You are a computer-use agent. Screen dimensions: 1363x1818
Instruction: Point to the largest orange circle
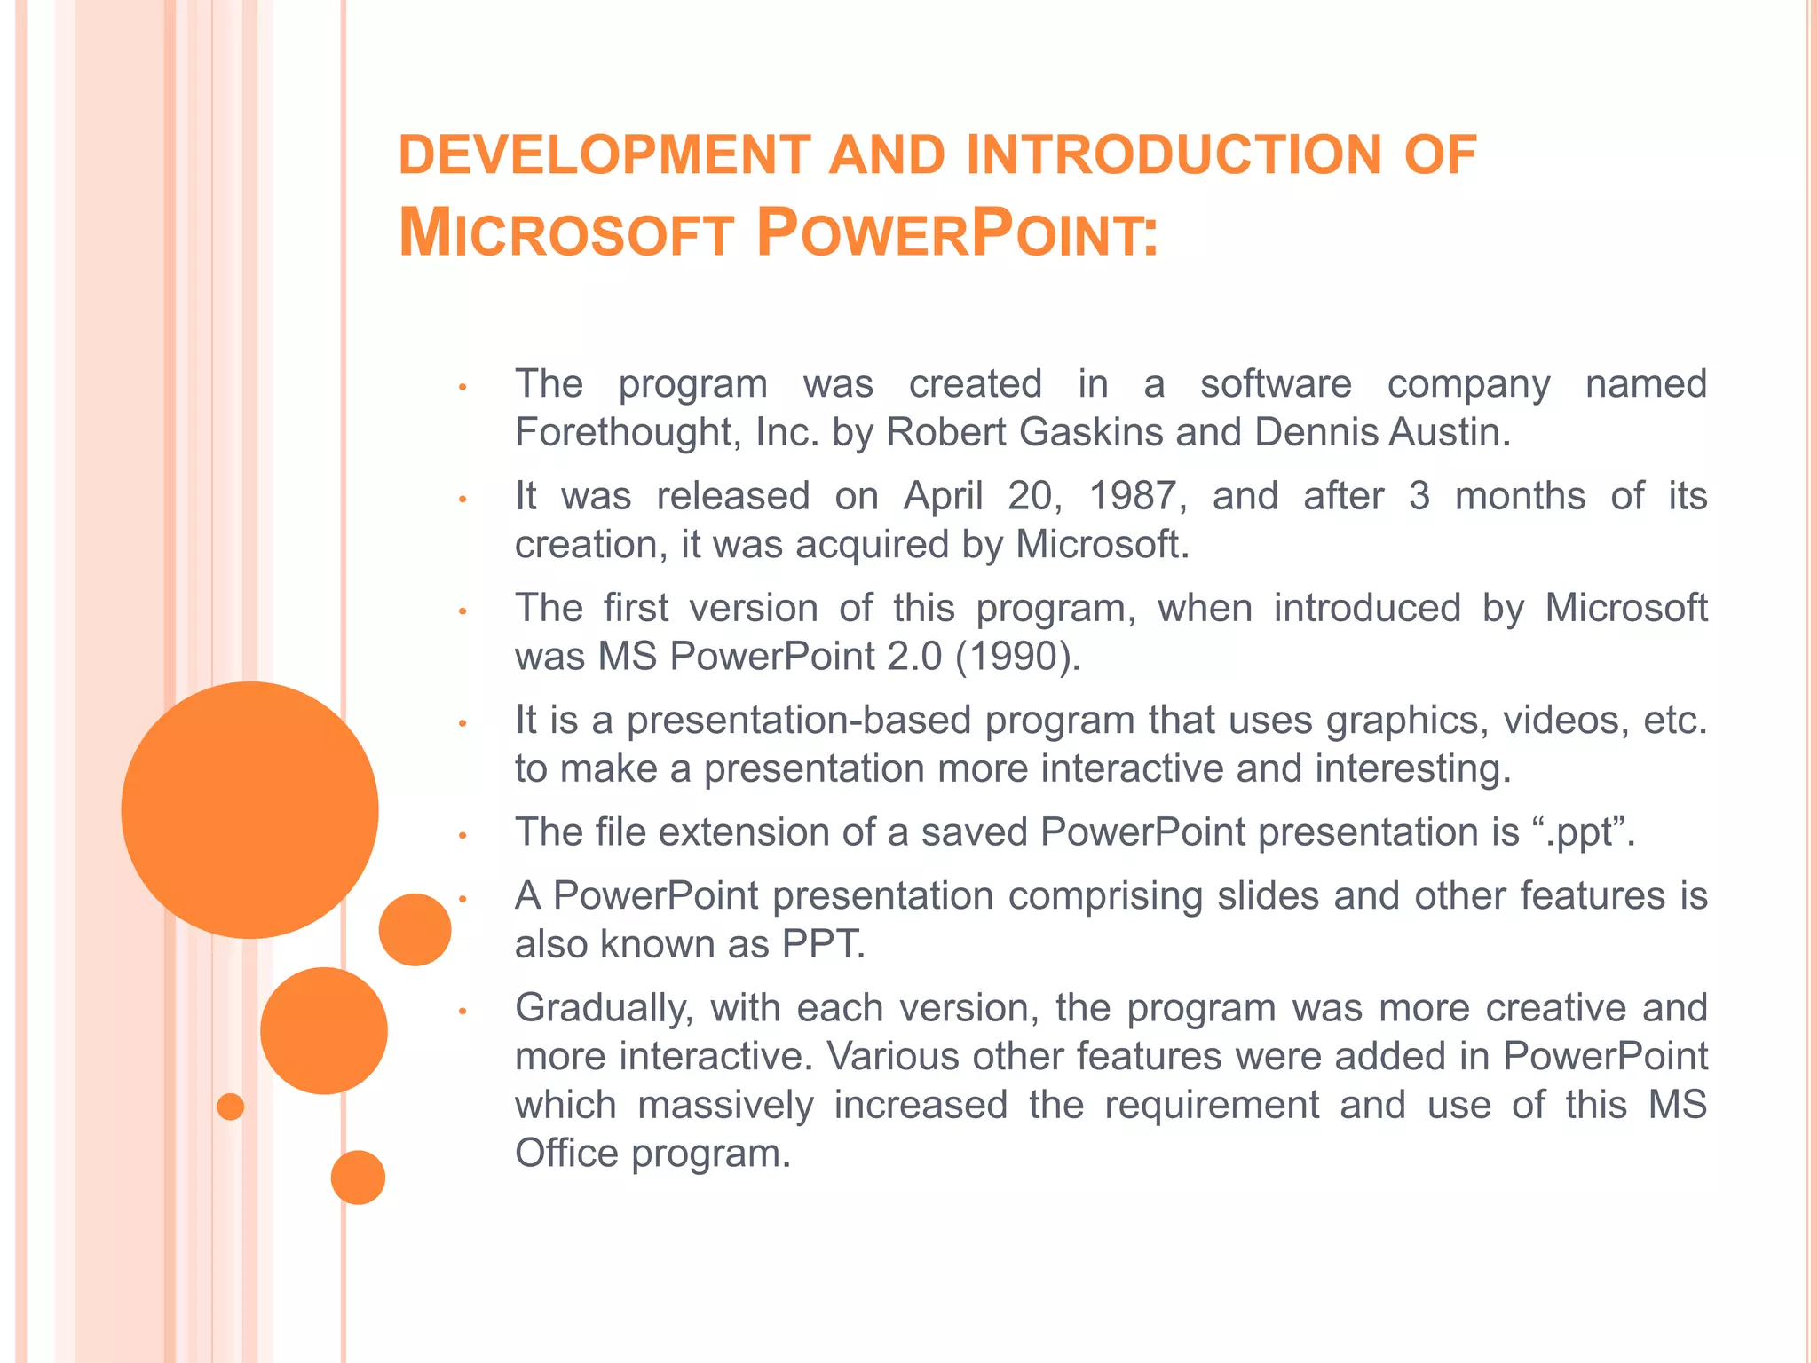(x=249, y=809)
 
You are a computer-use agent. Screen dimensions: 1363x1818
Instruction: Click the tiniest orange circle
(x=230, y=1107)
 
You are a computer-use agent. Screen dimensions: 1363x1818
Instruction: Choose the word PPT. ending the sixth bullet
(x=823, y=945)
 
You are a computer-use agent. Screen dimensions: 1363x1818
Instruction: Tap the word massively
(x=725, y=1106)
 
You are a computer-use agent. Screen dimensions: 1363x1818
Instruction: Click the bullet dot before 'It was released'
(x=462, y=500)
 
